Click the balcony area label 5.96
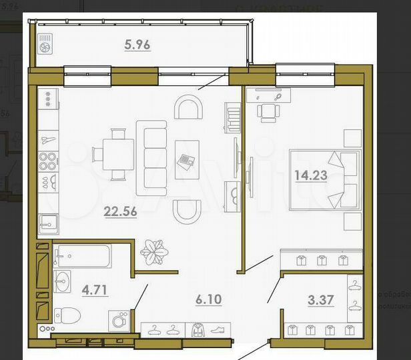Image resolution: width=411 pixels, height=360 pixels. pos(137,46)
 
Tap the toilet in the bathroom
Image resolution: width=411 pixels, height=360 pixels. pos(67,314)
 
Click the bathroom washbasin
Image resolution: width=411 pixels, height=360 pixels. pos(63,280)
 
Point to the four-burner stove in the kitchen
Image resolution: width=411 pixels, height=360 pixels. pos(47,161)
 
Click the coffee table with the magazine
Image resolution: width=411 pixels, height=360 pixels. pos(187,159)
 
